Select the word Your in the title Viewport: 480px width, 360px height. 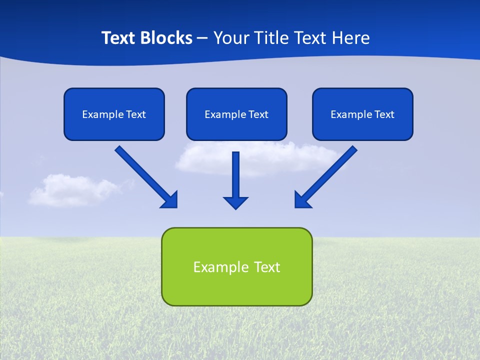tap(231, 38)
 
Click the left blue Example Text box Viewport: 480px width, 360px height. tap(114, 114)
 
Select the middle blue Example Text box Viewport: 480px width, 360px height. tap(236, 114)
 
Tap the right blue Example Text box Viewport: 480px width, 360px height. tap(362, 114)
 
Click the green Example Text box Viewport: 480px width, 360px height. tap(236, 266)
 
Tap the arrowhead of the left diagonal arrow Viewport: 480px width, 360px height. tap(170, 200)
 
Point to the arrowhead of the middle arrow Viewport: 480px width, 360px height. tap(235, 202)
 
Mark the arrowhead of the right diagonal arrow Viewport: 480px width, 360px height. tap(302, 200)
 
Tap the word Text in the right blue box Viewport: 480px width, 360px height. tap(384, 114)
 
